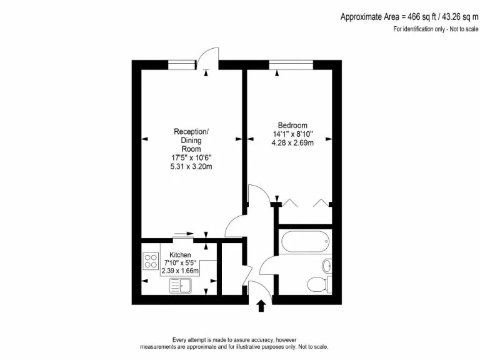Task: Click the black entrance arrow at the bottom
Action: tap(261, 305)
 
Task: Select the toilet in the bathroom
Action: tap(317, 284)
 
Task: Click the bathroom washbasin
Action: tap(327, 266)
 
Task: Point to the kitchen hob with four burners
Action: tap(151, 261)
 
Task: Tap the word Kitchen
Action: tap(181, 255)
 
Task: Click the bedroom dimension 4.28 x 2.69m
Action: tap(292, 143)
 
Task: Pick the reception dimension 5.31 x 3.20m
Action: tap(191, 166)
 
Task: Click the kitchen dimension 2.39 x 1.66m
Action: tap(181, 271)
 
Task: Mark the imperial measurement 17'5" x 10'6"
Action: tap(191, 157)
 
